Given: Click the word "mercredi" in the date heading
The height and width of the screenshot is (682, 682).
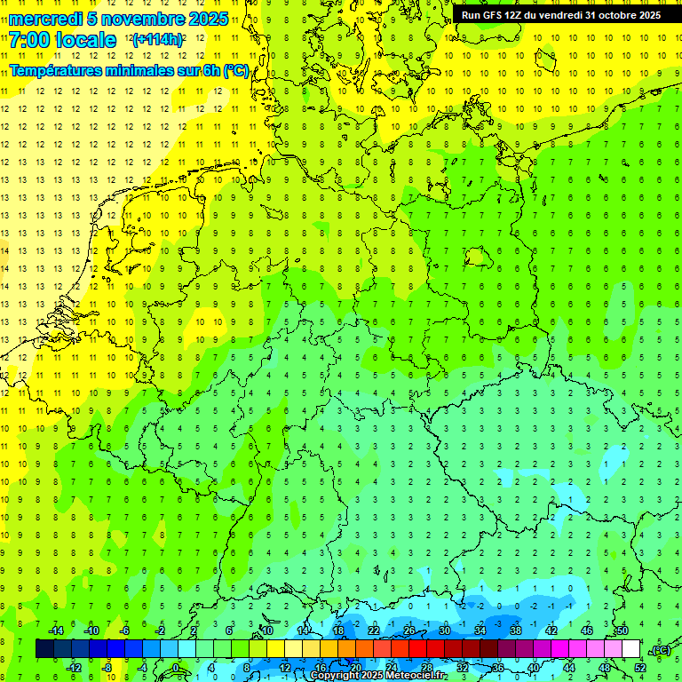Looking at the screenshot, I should [x=44, y=19].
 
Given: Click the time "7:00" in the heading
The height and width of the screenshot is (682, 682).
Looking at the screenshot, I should [x=30, y=40].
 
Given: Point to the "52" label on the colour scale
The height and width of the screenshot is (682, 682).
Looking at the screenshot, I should [x=640, y=668].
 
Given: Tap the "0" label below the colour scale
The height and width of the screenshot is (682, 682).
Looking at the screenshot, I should [x=177, y=668].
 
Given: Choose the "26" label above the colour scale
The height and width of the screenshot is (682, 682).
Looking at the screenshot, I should [x=409, y=630].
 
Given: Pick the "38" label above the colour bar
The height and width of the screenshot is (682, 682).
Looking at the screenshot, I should [x=516, y=630].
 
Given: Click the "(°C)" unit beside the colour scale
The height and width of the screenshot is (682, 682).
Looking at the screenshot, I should [x=661, y=650].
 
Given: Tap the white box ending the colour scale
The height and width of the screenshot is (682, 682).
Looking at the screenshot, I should [x=630, y=649].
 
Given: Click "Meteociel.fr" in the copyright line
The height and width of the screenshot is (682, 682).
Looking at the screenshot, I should [x=416, y=676].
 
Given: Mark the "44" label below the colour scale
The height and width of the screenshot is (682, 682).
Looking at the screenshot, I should [x=569, y=668].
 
